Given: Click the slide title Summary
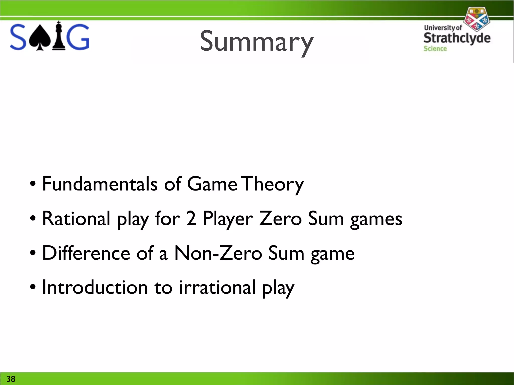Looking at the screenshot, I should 256,41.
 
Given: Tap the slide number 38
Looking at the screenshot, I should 11,379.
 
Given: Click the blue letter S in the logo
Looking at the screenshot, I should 18,37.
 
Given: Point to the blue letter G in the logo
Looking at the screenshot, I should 78,37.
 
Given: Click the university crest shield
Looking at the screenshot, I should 476,19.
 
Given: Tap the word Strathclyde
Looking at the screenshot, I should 457,38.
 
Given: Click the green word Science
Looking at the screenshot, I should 435,49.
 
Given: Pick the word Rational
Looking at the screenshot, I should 76,218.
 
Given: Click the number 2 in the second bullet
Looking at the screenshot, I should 191,218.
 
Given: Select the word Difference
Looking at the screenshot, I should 86,253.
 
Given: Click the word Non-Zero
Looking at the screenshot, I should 218,253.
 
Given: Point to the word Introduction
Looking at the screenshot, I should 95,287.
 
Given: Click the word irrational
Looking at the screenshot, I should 217,287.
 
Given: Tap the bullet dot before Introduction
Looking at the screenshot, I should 33,287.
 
